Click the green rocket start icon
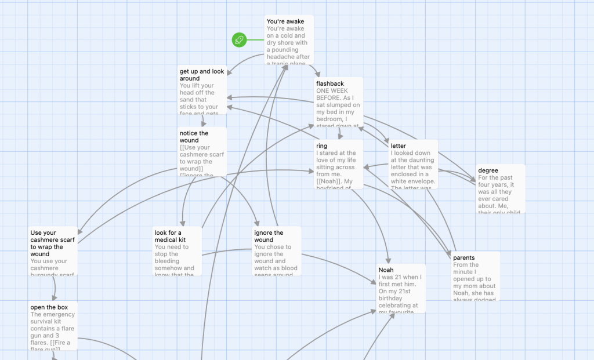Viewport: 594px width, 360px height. pyautogui.click(x=239, y=40)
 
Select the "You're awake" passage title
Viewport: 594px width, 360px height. pyautogui.click(x=285, y=21)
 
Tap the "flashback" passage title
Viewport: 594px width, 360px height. pyautogui.click(x=330, y=83)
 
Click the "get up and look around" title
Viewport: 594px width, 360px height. pyautogui.click(x=202, y=75)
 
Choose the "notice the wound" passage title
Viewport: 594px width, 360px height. pyautogui.click(x=194, y=137)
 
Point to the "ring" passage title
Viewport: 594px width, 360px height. pyautogui.click(x=322, y=146)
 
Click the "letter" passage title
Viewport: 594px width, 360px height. pyautogui.click(x=399, y=146)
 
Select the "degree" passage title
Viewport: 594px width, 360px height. pyautogui.click(x=488, y=170)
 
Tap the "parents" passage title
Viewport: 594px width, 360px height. pyautogui.click(x=464, y=257)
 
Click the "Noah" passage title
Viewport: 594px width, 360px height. pyautogui.click(x=386, y=270)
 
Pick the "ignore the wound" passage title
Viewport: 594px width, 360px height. pyautogui.click(x=269, y=236)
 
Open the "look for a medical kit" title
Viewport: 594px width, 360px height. pyautogui.click(x=168, y=236)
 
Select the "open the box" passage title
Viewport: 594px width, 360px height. pyautogui.click(x=48, y=307)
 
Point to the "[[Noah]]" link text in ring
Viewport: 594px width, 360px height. pyautogui.click(x=328, y=181)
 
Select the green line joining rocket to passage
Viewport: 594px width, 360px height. pyautogui.click(x=255, y=40)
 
